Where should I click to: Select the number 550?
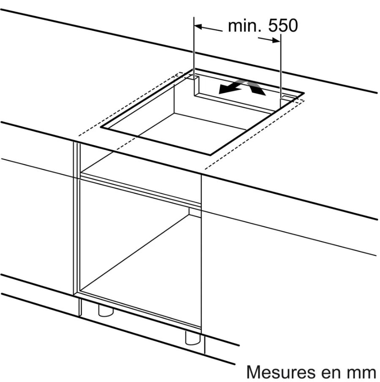pyautogui.click(x=283, y=25)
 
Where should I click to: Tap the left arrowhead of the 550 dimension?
pyautogui.click(x=198, y=26)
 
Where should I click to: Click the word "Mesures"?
pyautogui.click(x=279, y=372)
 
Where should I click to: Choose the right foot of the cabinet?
pyautogui.click(x=193, y=338)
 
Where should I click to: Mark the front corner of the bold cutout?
pyautogui.click(x=210, y=155)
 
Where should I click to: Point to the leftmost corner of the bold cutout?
pyautogui.click(x=101, y=127)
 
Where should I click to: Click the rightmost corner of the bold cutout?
pyautogui.click(x=304, y=93)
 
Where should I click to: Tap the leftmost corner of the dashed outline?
pyautogui.click(x=79, y=136)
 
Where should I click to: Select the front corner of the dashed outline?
pyautogui.click(x=205, y=169)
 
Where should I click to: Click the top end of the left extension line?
pyautogui.click(x=194, y=17)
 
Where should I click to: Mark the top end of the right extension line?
pyautogui.click(x=281, y=34)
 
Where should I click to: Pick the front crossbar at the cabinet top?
pyautogui.click(x=141, y=189)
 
